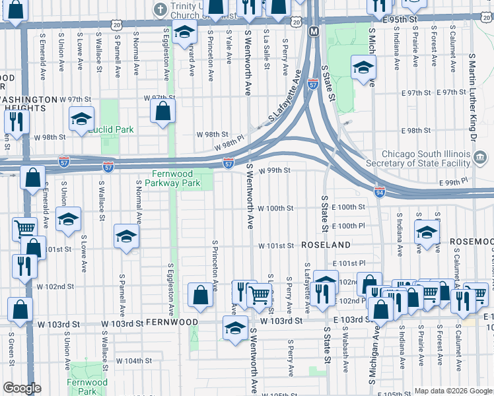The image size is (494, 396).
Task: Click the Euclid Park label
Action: click(x=111, y=129)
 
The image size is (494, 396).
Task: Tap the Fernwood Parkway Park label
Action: click(x=172, y=178)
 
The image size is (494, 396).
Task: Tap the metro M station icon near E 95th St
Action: click(x=314, y=31)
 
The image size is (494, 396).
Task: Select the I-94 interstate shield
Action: click(x=379, y=192)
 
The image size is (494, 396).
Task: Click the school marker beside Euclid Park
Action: click(x=81, y=118)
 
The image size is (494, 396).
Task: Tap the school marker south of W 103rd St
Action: click(x=236, y=327)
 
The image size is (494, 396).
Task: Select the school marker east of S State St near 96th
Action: click(x=363, y=67)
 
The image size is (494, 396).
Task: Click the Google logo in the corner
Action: click(x=22, y=388)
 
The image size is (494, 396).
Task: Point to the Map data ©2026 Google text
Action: click(x=452, y=391)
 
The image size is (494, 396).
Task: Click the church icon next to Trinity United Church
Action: click(x=159, y=9)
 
